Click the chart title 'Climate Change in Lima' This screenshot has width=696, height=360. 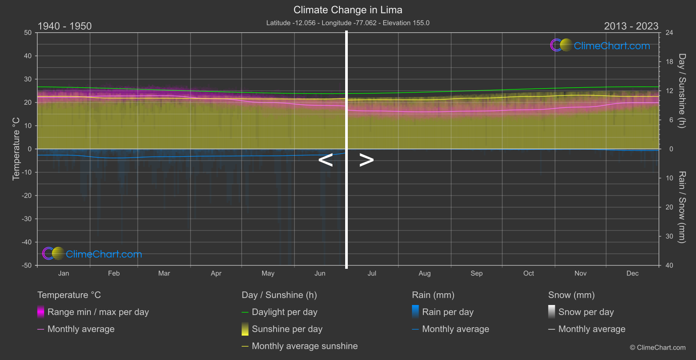pos(348,10)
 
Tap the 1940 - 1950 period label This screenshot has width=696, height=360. pos(65,26)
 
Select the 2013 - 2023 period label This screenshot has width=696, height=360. pos(631,26)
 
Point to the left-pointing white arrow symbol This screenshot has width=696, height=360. pos(325,160)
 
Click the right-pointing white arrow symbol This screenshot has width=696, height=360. pos(367,160)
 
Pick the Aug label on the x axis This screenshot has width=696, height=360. pos(424,273)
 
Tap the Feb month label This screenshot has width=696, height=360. pos(114,273)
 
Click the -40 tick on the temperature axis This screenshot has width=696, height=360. pos(27,242)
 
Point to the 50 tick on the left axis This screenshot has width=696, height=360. pos(28,33)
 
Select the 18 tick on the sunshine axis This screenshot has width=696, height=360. pos(669,62)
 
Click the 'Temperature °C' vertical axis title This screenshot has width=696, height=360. pos(16,149)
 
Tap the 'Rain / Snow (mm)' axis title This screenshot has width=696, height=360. pos(682,207)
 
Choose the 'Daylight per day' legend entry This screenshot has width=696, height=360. pos(284,312)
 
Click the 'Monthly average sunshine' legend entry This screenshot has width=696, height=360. pos(305,346)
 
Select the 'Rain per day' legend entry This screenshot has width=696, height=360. pos(447,312)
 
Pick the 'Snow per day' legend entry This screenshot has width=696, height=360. pos(586,312)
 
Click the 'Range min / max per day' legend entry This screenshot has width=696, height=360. pos(98,312)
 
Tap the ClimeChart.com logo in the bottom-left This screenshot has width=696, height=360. pos(92,254)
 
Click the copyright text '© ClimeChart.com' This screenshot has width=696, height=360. pos(657,347)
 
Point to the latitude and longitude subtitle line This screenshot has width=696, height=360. pos(348,23)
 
